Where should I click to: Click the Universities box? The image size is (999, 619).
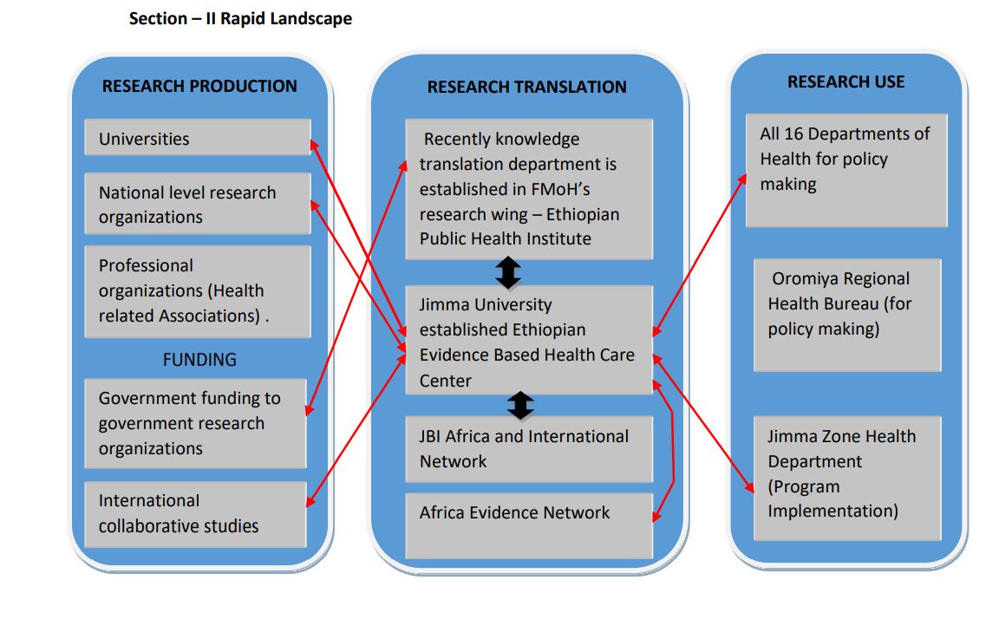tap(197, 138)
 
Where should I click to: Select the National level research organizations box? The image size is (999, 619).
tap(197, 205)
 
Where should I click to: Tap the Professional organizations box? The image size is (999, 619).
tap(197, 291)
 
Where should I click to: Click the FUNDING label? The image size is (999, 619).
tap(199, 359)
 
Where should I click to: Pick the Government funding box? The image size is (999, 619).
tap(197, 423)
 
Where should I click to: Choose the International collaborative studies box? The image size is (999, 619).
tap(197, 513)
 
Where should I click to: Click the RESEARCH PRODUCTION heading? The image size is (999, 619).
tap(199, 86)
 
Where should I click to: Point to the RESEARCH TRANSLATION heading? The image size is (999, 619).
tap(526, 87)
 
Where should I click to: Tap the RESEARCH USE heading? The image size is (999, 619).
tap(846, 81)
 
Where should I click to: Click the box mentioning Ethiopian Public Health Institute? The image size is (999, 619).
tap(528, 189)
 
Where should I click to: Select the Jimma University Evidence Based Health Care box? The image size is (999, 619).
tap(528, 342)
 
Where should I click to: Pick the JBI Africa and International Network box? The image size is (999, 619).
tap(528, 449)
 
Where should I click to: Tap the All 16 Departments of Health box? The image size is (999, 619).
tap(846, 170)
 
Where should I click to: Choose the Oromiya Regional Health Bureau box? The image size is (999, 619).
tap(846, 314)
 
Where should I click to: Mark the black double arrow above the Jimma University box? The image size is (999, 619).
tap(508, 273)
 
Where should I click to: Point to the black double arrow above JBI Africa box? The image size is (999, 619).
tap(520, 405)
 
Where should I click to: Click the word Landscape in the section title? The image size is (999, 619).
tap(310, 18)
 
